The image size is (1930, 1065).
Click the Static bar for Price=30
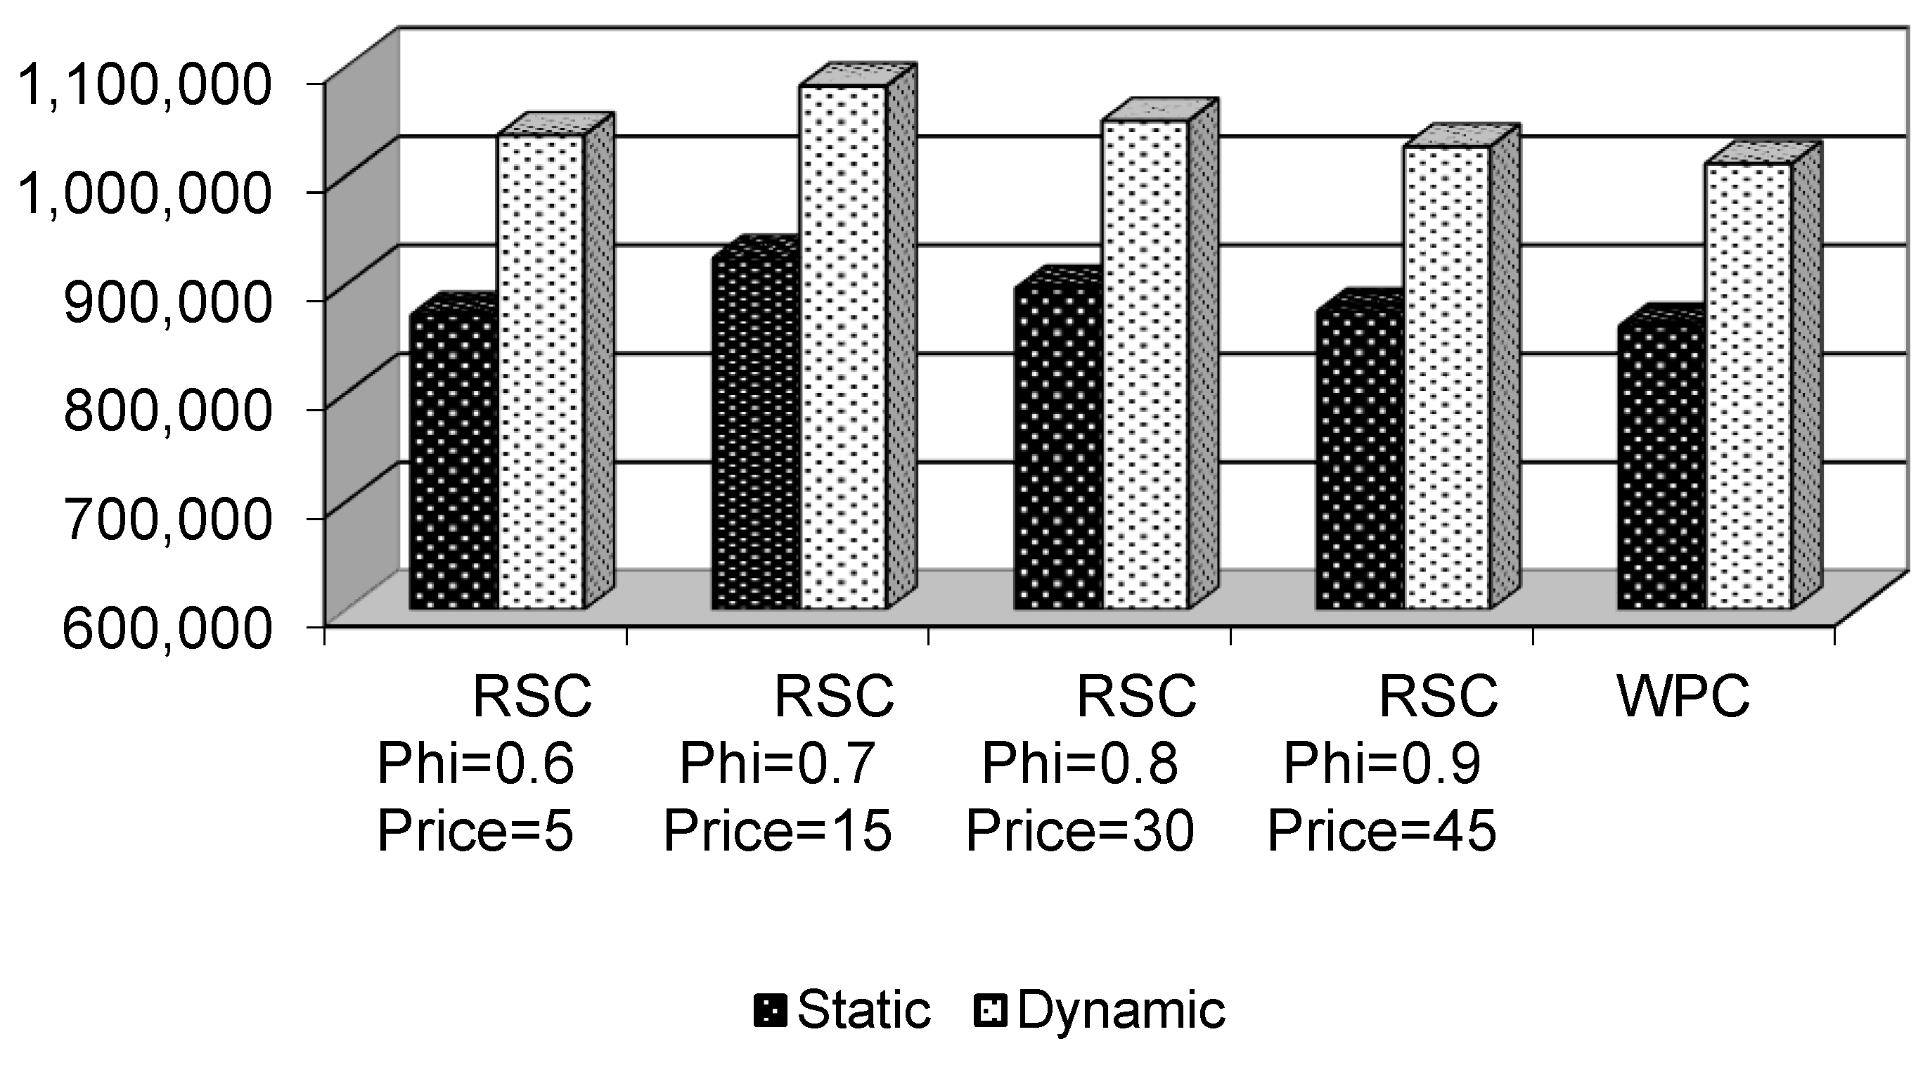[x=1058, y=449]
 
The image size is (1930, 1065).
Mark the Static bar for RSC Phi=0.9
[x=1360, y=460]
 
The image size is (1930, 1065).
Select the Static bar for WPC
[x=1662, y=469]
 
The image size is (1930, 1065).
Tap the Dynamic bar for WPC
[x=1749, y=387]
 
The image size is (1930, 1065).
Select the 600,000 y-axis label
[x=167, y=628]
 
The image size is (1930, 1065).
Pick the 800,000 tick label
[x=167, y=411]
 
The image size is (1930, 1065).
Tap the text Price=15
[x=778, y=831]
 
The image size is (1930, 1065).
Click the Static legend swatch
[x=770, y=1011]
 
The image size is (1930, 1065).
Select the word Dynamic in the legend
[x=1121, y=1009]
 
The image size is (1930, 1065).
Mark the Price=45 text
[x=1382, y=831]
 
